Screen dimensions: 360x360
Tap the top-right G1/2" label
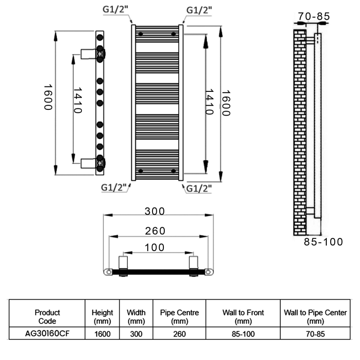pyautogui.click(x=199, y=9)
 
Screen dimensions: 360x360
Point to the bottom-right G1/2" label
pyautogui.click(x=199, y=188)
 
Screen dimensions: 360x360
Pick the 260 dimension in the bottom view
pyautogui.click(x=155, y=231)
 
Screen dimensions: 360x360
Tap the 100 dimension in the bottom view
pyautogui.click(x=155, y=247)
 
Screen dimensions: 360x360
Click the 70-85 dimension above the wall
pyautogui.click(x=314, y=17)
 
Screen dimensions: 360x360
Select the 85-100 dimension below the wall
pyautogui.click(x=323, y=242)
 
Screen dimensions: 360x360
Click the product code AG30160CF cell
pyautogui.click(x=47, y=333)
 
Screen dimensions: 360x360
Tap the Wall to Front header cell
pyautogui.click(x=243, y=317)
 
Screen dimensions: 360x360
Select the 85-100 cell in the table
pyautogui.click(x=243, y=334)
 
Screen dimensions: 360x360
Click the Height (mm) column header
pyautogui.click(x=102, y=317)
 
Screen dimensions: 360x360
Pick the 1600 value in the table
pyautogui.click(x=102, y=334)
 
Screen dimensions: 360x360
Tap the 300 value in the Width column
pyautogui.click(x=136, y=334)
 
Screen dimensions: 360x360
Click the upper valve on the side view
pyautogui.click(x=94, y=54)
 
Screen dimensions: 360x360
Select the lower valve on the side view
pyautogui.click(x=94, y=162)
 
